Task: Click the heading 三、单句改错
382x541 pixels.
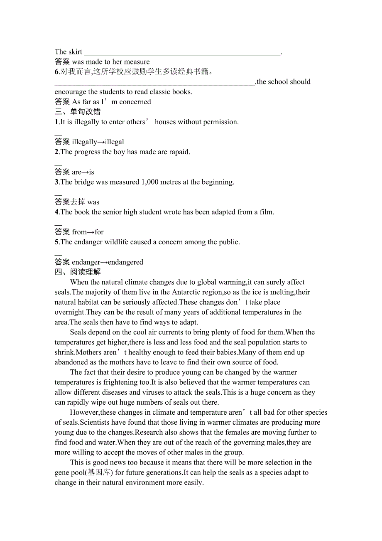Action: [x=78, y=112]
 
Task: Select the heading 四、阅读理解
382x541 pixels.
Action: [x=78, y=272]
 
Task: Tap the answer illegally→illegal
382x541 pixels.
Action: [x=98, y=142]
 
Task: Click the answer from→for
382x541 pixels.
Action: [x=88, y=232]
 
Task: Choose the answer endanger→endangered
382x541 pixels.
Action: [x=108, y=262]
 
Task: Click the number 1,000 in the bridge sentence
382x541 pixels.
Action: [x=152, y=182]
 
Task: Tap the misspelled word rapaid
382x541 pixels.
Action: [x=179, y=152]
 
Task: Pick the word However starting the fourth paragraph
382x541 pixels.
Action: [x=84, y=413]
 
